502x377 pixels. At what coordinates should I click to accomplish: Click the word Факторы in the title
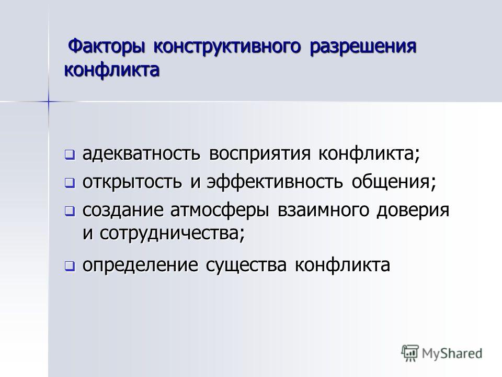106,47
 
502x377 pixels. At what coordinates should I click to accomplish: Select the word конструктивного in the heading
227,47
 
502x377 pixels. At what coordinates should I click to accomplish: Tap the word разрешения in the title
363,47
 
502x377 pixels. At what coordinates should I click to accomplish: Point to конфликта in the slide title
112,70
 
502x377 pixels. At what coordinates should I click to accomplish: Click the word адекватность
142,153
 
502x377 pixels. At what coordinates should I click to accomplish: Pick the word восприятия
260,154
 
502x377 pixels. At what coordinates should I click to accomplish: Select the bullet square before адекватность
70,155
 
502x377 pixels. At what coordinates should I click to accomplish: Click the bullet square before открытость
70,183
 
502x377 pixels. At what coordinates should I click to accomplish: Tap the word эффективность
275,182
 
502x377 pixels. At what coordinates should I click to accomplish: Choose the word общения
394,182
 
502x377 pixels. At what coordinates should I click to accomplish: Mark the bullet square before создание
70,211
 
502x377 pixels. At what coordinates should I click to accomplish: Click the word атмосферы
220,211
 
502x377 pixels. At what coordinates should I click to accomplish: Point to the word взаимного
323,210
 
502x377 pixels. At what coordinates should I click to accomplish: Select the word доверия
413,211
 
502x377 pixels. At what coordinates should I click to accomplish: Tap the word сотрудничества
172,233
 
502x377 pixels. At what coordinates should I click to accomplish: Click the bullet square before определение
70,266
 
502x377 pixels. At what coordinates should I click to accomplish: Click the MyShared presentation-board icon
410,353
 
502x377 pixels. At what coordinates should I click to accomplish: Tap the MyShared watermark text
452,353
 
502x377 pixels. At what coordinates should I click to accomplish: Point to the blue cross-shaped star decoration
49,102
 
